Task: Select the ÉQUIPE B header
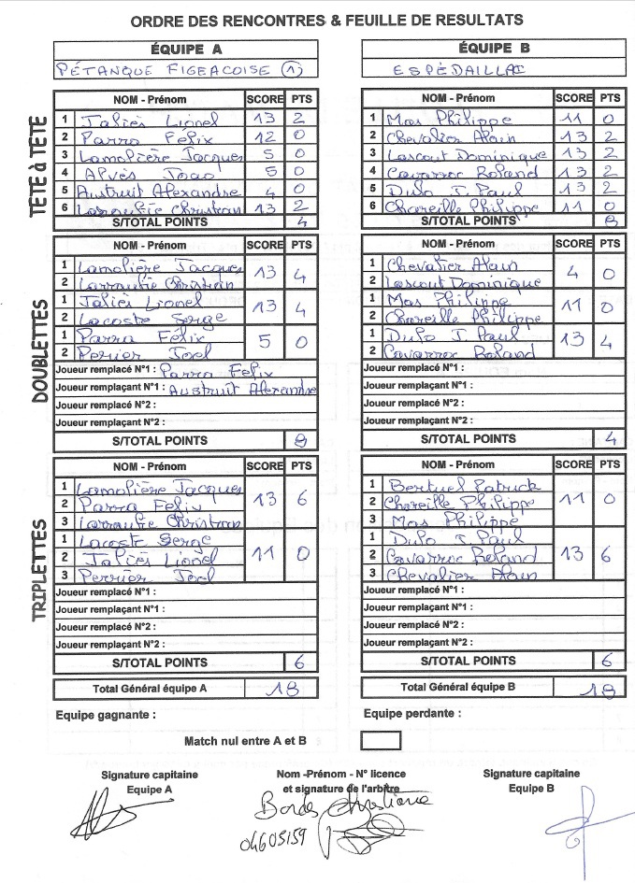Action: (x=494, y=48)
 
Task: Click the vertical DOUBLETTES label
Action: (x=39, y=351)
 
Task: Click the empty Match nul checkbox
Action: (x=380, y=740)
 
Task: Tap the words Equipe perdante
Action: (x=411, y=713)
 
